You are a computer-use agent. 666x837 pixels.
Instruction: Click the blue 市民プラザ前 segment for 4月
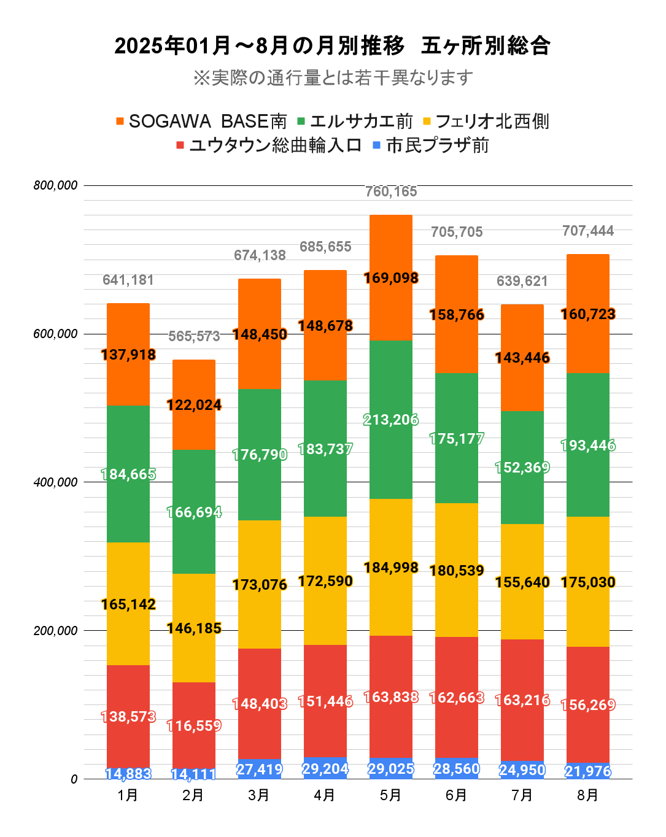point(325,769)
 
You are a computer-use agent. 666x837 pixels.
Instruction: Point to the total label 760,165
point(391,192)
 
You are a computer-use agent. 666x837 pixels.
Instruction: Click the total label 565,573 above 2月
point(194,336)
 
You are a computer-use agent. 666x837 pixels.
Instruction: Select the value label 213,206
point(391,420)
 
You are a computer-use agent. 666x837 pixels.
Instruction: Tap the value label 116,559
point(194,726)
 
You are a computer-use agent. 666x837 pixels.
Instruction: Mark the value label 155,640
point(522,582)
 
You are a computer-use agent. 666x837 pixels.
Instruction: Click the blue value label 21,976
point(588,771)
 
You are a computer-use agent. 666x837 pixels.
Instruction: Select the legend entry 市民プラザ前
point(437,145)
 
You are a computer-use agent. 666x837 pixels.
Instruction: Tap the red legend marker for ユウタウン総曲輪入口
point(180,145)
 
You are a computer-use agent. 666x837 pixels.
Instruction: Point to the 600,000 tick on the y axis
point(55,334)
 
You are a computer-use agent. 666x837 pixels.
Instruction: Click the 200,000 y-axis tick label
point(55,631)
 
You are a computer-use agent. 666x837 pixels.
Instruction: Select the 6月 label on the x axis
point(457,795)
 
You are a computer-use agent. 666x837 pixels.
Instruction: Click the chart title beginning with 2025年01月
point(332,46)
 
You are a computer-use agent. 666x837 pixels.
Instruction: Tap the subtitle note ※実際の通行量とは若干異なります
point(332,78)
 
